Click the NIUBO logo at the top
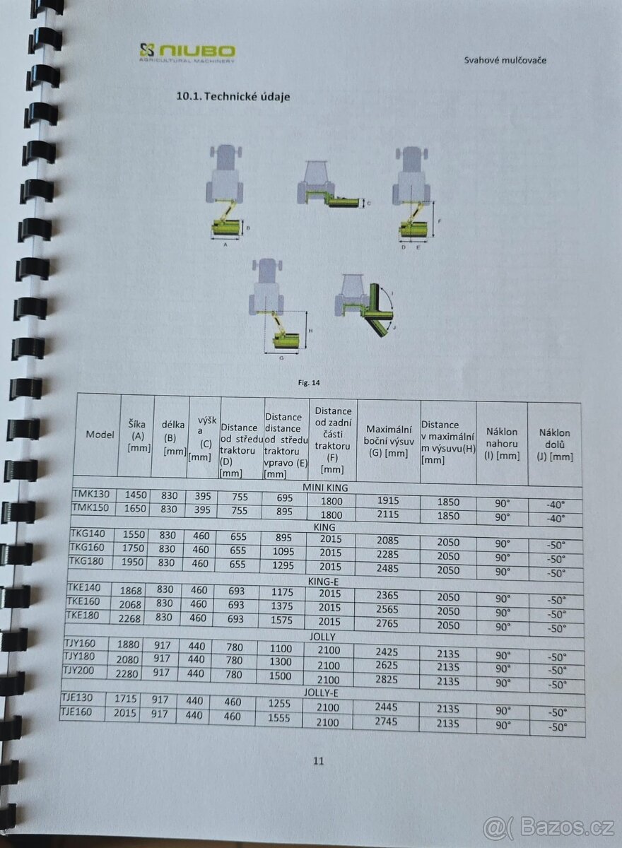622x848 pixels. click(187, 52)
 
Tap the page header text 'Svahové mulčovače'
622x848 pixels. click(505, 60)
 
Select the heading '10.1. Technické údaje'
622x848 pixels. click(233, 97)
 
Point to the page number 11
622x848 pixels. click(318, 761)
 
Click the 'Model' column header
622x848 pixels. click(100, 435)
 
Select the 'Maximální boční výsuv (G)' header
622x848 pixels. click(388, 441)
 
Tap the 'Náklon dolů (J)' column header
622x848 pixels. click(555, 443)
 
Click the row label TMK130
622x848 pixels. click(90, 493)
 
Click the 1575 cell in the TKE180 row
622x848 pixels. click(286, 620)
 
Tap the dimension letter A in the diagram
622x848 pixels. click(225, 245)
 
